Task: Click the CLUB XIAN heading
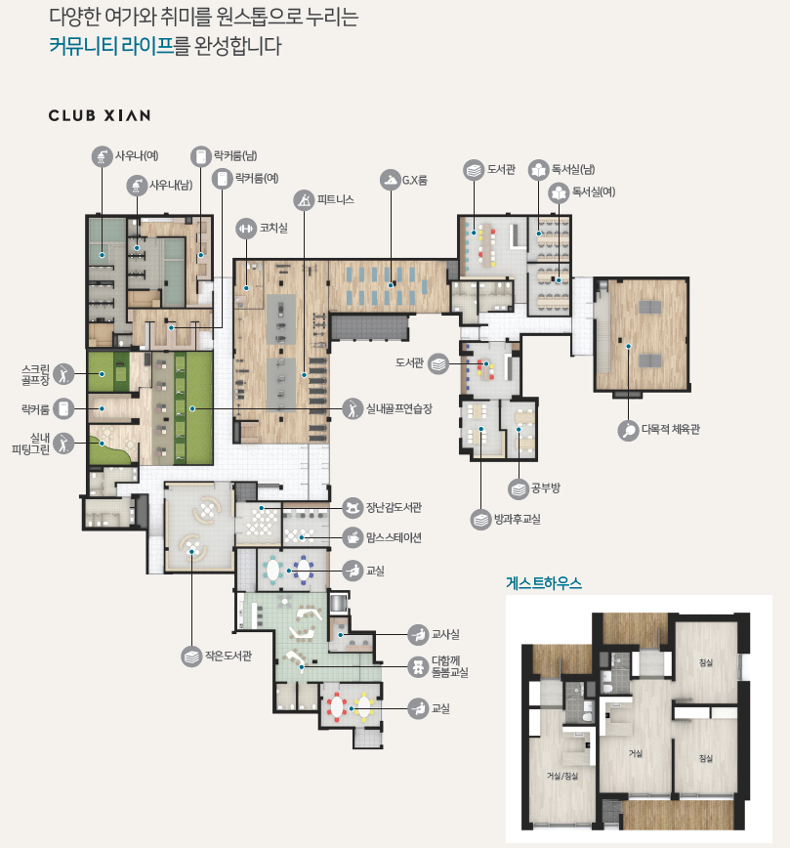click(100, 115)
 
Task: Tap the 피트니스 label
click(335, 199)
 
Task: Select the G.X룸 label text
click(415, 180)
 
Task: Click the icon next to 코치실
click(246, 229)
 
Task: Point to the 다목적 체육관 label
click(671, 430)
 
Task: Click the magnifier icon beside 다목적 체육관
click(628, 431)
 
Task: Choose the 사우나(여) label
click(137, 155)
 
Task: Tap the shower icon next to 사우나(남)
click(137, 186)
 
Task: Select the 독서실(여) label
click(594, 191)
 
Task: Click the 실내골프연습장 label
click(399, 408)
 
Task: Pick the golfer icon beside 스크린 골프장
click(63, 374)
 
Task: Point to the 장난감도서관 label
click(394, 507)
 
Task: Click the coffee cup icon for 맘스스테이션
click(353, 537)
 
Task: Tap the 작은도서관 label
click(229, 656)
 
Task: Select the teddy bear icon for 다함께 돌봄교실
click(417, 667)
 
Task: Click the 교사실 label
click(445, 634)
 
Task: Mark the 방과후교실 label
click(517, 519)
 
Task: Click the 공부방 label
click(546, 488)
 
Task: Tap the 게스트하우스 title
click(544, 583)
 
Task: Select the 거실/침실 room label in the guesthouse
click(562, 776)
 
